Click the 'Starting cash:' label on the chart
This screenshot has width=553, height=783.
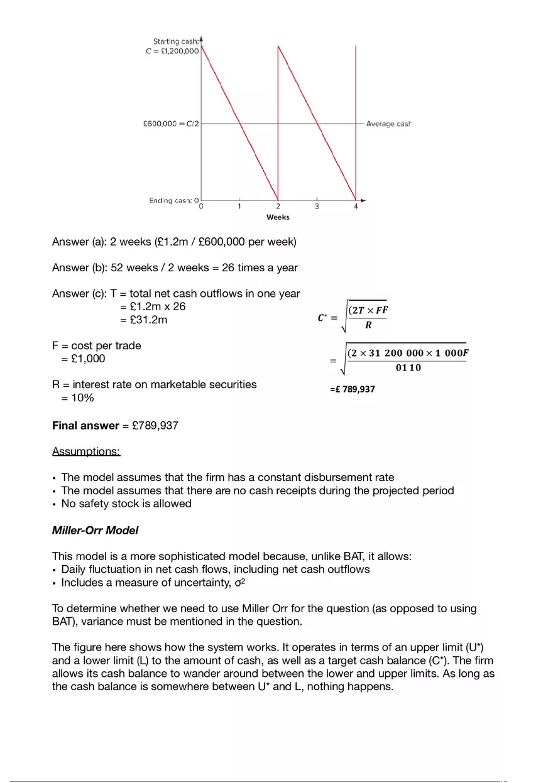tap(176, 41)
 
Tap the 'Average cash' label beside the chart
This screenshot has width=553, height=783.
tap(388, 124)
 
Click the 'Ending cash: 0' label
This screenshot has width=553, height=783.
tap(173, 200)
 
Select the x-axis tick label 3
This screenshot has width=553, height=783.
tap(317, 207)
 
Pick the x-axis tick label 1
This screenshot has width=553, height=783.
tap(239, 207)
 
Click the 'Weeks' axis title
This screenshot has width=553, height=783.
tap(278, 217)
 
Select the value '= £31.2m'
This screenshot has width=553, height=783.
tap(143, 320)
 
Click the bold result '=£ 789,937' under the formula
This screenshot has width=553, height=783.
tap(352, 389)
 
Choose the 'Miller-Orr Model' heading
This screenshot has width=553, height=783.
tap(95, 530)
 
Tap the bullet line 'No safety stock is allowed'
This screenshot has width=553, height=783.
tap(126, 504)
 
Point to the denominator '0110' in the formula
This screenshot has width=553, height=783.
tap(408, 368)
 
